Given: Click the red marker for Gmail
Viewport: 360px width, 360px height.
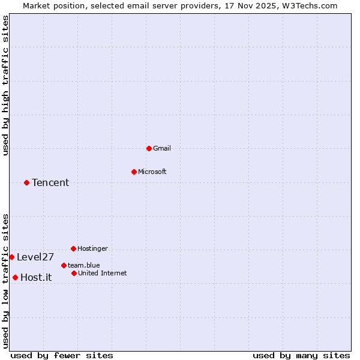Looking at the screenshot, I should [x=149, y=148].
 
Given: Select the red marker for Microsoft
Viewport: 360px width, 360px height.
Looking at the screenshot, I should [x=134, y=172].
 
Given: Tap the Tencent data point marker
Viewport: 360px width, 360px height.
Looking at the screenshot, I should [x=26, y=182].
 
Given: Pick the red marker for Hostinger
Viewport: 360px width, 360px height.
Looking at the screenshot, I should [x=73, y=248].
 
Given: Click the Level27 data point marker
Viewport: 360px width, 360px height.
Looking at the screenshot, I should [x=11, y=257].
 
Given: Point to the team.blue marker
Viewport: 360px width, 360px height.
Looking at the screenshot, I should [x=64, y=265].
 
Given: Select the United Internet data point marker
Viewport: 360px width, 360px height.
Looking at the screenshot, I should [x=74, y=273].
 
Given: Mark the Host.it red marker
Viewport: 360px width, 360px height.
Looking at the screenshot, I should [x=15, y=277].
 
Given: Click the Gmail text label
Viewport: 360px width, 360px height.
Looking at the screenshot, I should [x=162, y=148].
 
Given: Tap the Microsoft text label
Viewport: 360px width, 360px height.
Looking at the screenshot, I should [x=152, y=172].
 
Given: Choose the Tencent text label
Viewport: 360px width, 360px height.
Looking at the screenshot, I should [x=50, y=182].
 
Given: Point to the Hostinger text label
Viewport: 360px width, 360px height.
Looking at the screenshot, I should [x=92, y=248].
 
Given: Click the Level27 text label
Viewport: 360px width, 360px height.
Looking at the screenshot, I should [x=35, y=257].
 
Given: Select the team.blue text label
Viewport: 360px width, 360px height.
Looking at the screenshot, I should [x=83, y=265].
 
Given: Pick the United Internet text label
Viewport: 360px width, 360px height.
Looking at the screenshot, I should [x=102, y=273].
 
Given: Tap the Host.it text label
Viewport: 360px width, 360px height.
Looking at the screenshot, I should [x=36, y=277].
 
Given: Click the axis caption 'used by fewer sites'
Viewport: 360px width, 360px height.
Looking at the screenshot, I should [x=62, y=355].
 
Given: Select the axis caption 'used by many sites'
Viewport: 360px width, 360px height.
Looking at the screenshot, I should [x=301, y=355].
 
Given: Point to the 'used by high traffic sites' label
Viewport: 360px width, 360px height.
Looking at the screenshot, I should [x=5, y=85].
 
